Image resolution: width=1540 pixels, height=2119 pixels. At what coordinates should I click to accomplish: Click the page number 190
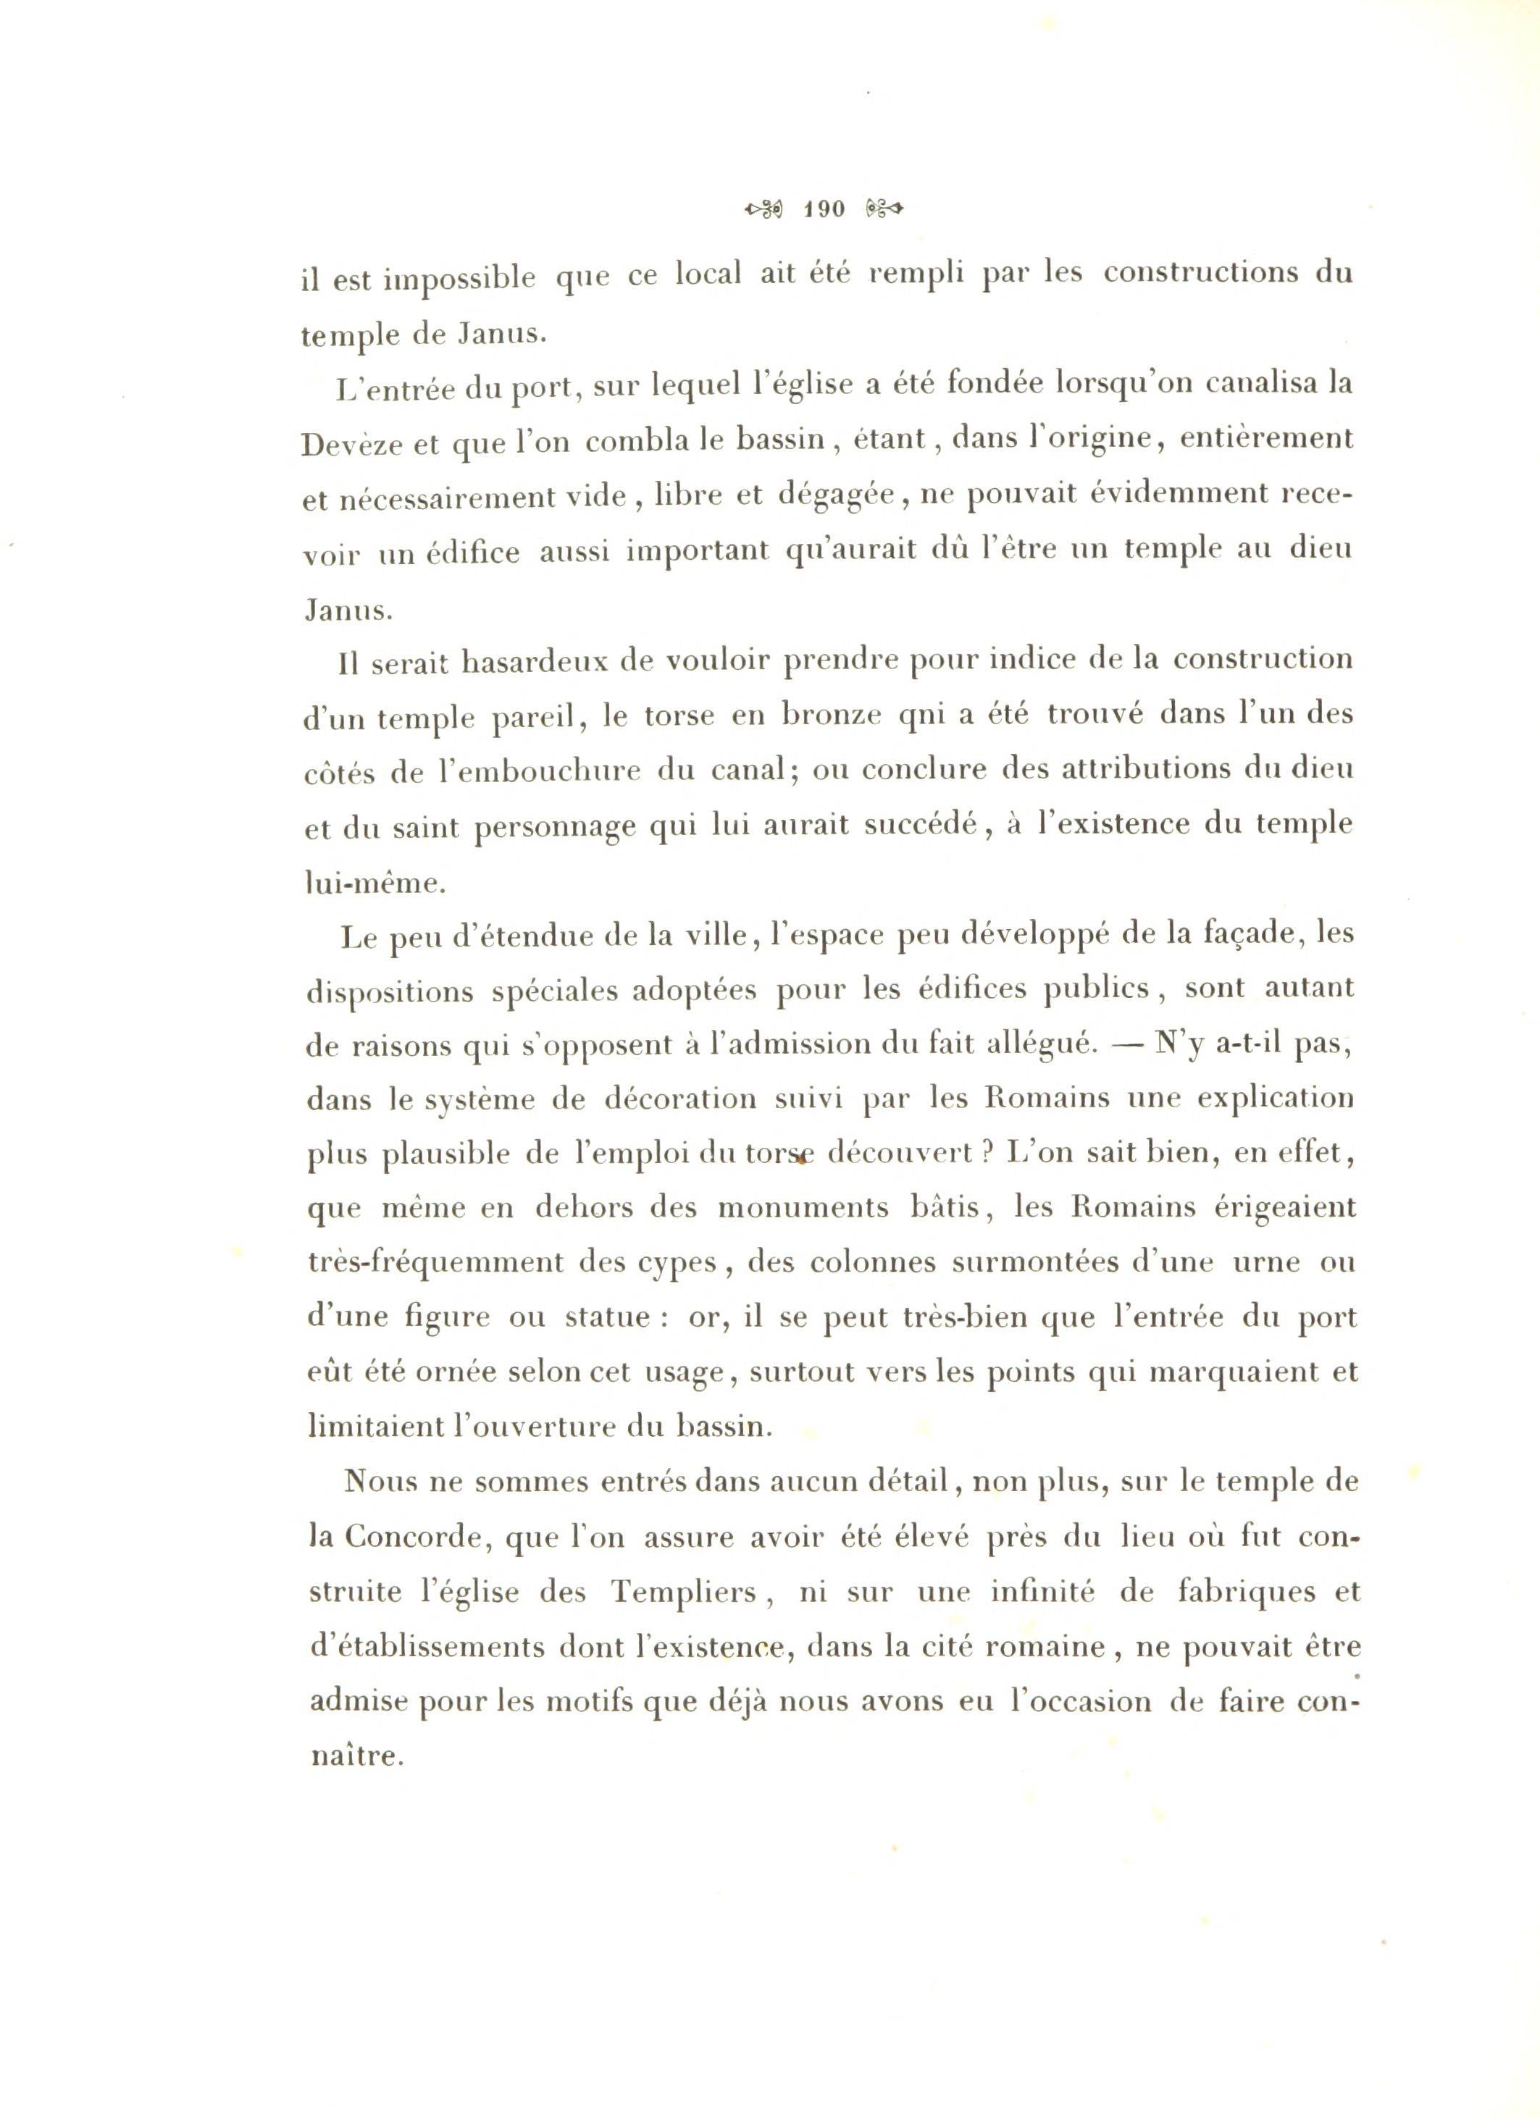824,209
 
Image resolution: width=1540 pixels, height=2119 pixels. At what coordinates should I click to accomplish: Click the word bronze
832,715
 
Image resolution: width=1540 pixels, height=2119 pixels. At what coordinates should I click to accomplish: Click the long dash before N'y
1126,1044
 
